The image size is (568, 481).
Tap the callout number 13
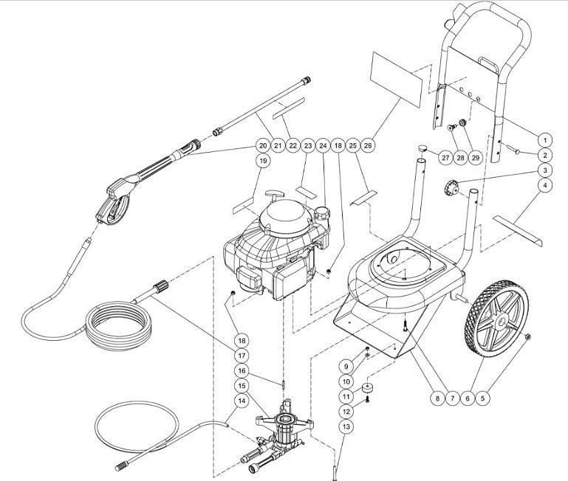[x=346, y=426]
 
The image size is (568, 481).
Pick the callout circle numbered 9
[x=346, y=365]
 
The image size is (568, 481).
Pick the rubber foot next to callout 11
[x=367, y=388]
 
